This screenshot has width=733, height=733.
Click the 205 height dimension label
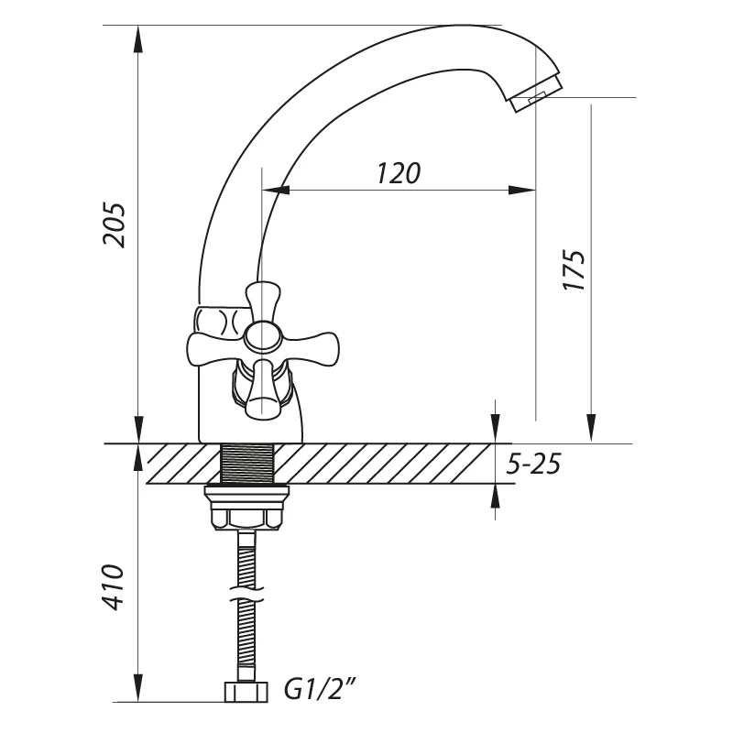115,224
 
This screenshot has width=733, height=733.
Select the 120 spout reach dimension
399,173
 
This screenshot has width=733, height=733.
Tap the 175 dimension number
574,270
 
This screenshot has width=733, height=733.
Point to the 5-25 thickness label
533,465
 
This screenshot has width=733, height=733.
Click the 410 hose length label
114,587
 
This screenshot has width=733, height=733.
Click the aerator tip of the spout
537,95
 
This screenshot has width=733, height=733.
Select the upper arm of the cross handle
263,302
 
